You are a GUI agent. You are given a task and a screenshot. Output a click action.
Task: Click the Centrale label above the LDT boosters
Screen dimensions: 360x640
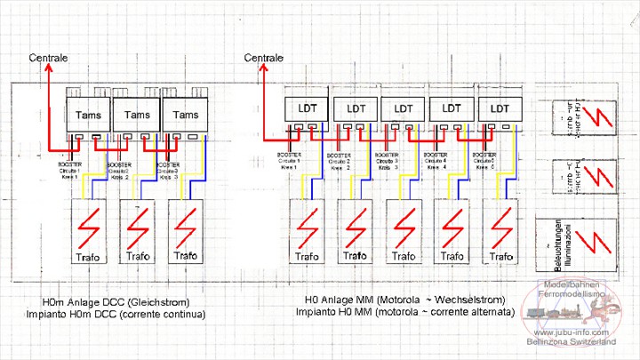[x=264, y=58]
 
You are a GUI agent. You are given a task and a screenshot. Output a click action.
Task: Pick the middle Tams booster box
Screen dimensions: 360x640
[x=137, y=115]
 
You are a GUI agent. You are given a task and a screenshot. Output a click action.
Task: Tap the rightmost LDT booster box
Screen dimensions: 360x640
[x=500, y=108]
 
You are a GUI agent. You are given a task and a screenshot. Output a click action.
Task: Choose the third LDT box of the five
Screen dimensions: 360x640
[x=404, y=108]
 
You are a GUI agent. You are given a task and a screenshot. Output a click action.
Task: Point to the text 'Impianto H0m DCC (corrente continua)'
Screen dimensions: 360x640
[x=116, y=315]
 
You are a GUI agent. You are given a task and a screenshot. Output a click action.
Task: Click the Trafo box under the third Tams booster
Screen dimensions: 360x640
[x=185, y=231]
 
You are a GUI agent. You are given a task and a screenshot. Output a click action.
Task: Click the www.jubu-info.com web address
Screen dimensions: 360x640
[x=579, y=331]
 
